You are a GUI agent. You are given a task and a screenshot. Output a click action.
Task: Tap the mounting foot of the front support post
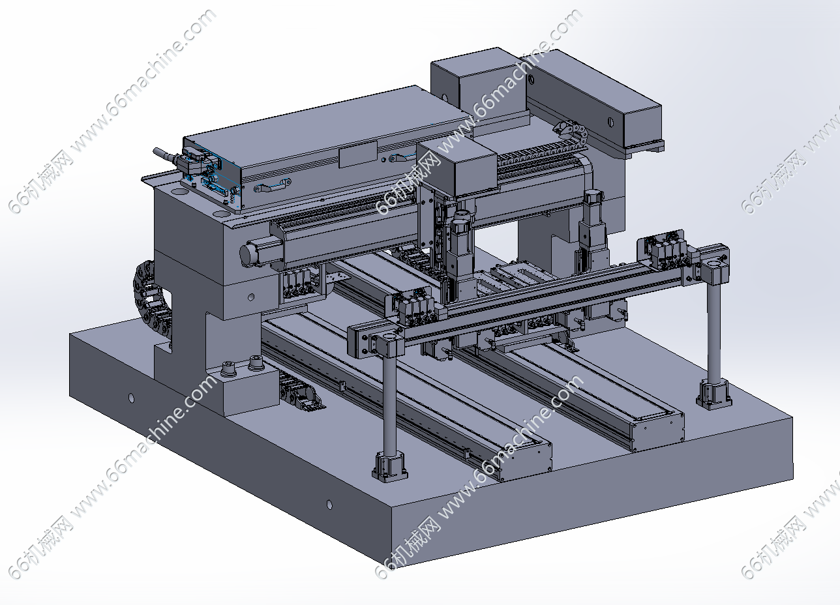[x=389, y=466]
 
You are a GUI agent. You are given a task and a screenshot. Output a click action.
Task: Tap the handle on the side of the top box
[x=272, y=186]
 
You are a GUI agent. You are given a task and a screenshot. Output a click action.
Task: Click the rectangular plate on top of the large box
[x=358, y=154]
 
